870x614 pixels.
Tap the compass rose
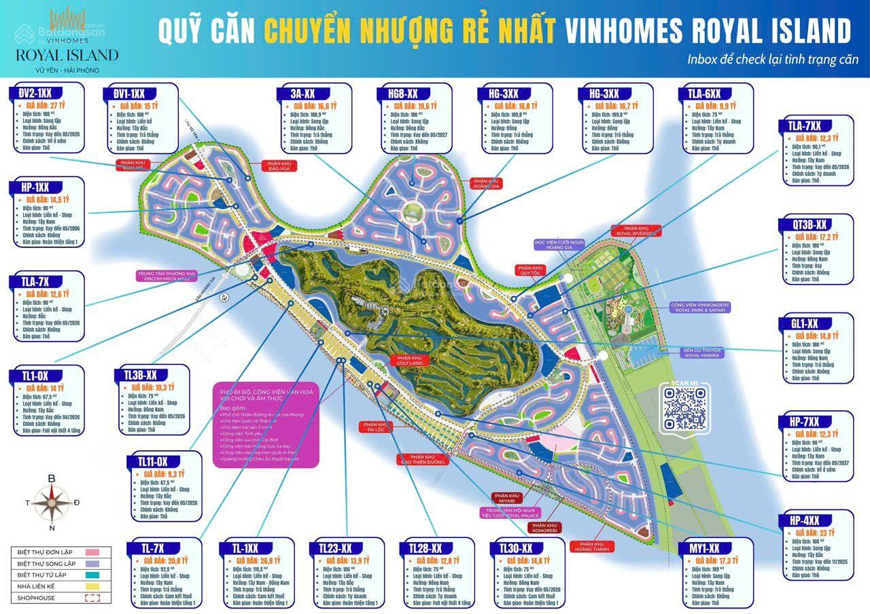pos(53,503)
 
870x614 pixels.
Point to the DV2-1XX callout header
pos(35,91)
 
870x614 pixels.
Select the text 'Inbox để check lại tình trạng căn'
pos(773,59)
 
